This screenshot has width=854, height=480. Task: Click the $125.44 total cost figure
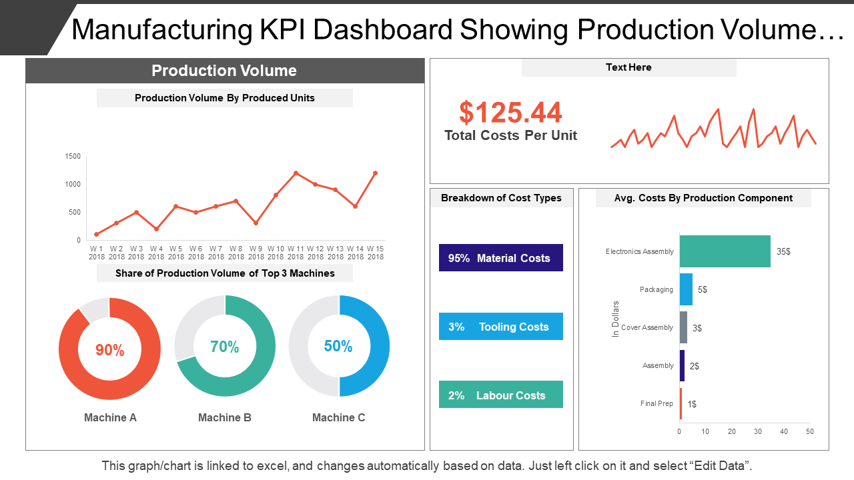coord(510,113)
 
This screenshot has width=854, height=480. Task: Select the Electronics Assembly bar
coord(725,251)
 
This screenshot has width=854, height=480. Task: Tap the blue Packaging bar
coord(686,289)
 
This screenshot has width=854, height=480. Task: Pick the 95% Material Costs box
coord(500,258)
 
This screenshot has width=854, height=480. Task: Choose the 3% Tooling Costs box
coord(500,327)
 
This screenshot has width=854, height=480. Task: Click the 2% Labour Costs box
coord(500,395)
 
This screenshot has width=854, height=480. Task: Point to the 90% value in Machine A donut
coord(109,350)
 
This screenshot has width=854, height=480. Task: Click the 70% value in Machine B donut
coord(224,347)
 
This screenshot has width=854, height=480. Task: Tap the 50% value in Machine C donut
coord(338,346)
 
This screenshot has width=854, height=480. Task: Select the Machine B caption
coord(224,417)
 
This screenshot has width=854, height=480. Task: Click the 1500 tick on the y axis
coord(73,157)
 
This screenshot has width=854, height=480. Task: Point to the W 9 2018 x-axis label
coord(256,252)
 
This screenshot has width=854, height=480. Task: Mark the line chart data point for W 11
coord(296,173)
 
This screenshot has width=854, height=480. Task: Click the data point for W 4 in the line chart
coord(156,229)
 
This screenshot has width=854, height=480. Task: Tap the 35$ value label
coord(783,252)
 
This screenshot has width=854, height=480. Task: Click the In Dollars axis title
coord(616,319)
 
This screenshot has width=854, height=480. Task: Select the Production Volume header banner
coord(224,71)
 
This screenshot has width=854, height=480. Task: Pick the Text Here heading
coord(628,67)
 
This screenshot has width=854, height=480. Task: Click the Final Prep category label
coord(657,403)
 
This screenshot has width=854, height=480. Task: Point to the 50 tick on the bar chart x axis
coord(809,431)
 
